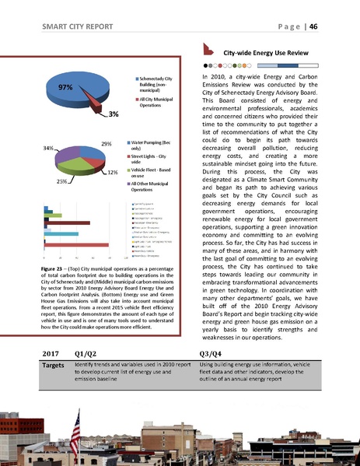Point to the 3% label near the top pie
(x=113, y=114)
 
